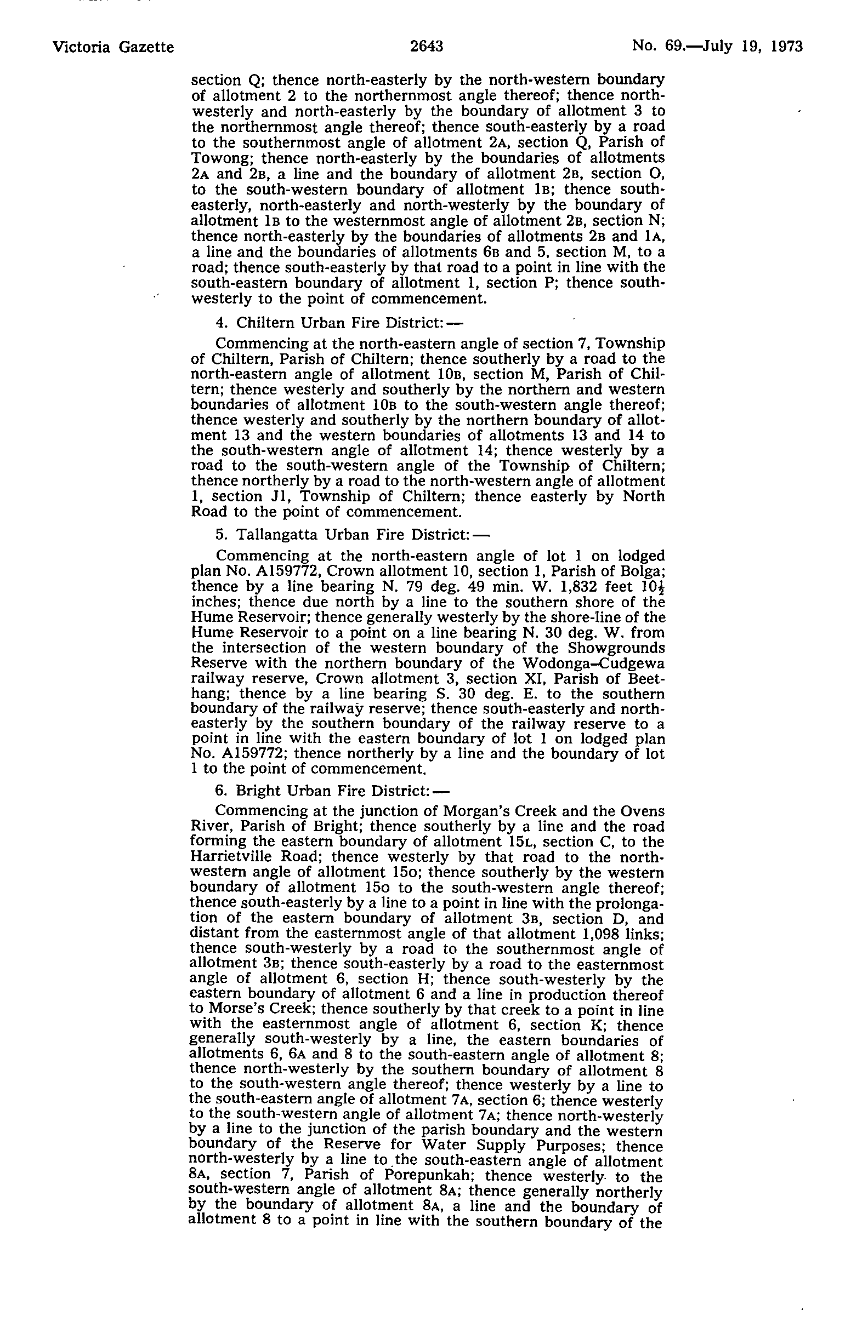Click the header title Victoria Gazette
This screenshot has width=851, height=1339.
(x=113, y=47)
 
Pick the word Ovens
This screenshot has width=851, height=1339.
(x=643, y=811)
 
